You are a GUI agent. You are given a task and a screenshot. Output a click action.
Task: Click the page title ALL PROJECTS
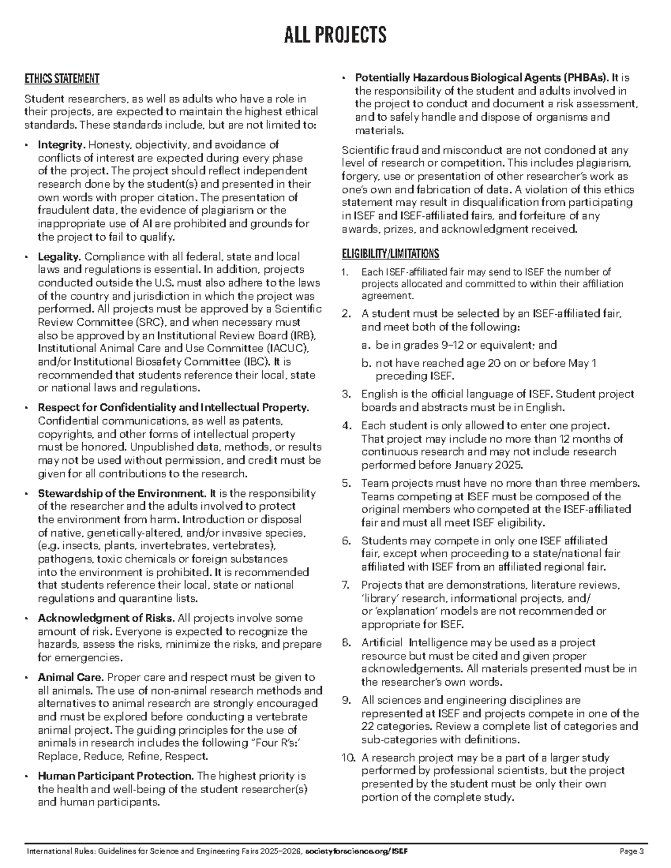coord(335,35)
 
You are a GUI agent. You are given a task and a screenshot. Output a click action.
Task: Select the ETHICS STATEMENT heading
coord(62,79)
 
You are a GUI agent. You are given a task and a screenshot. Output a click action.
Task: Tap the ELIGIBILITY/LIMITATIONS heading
coord(390,254)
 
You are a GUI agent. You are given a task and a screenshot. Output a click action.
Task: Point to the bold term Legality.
coord(60,257)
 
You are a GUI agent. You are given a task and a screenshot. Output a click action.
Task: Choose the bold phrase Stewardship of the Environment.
coord(122,494)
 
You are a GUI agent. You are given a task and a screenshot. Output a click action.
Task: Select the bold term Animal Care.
coord(70,677)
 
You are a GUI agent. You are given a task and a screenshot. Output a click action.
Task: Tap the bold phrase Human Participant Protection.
coord(116,776)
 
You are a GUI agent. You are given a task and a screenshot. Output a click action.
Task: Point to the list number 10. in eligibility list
coord(348,758)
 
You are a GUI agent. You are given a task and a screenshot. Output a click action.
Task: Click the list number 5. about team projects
coord(346,483)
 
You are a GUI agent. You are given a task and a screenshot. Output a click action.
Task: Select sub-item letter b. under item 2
coord(366,363)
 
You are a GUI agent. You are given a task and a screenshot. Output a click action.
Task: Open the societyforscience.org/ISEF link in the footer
coord(357,851)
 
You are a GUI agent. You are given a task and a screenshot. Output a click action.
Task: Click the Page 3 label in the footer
coord(632,851)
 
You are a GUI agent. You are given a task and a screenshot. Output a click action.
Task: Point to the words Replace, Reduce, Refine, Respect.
coord(122,756)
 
